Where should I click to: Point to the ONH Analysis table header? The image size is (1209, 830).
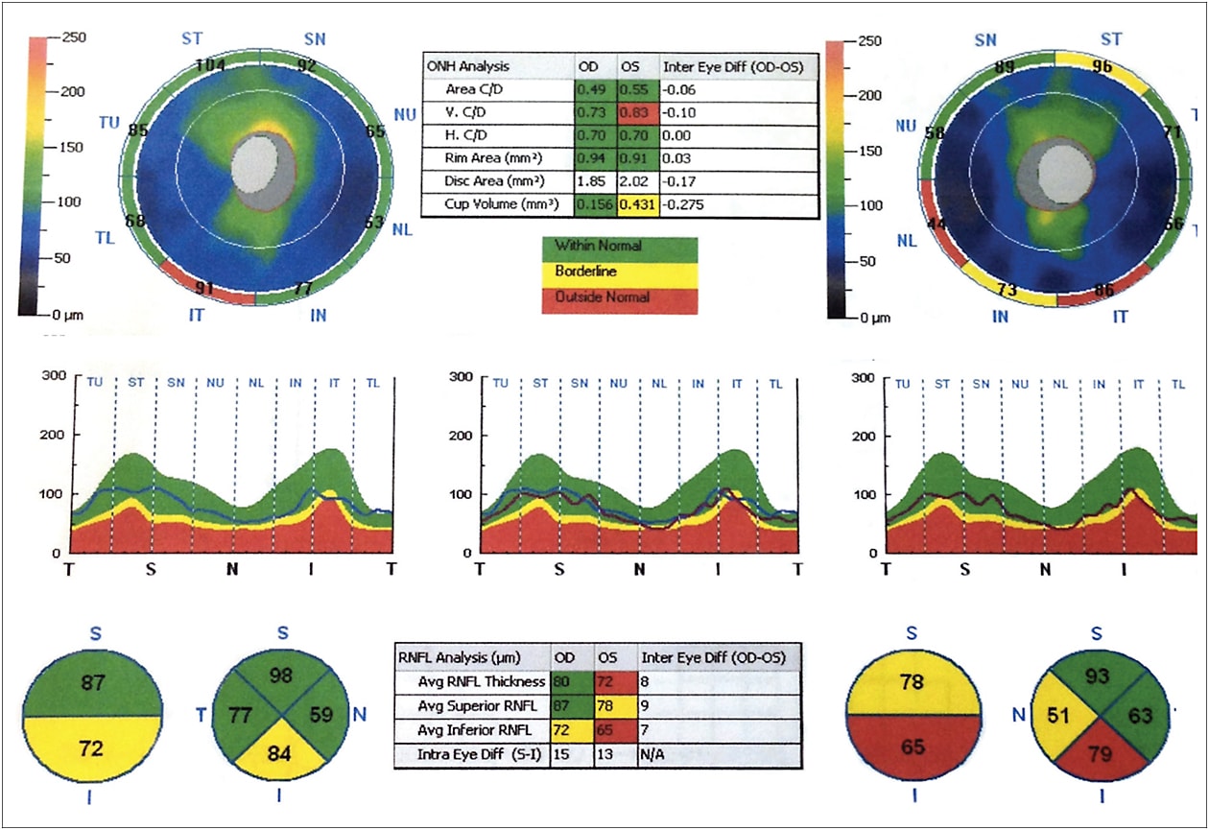click(x=469, y=66)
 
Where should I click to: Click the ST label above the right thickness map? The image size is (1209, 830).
click(x=1110, y=39)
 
